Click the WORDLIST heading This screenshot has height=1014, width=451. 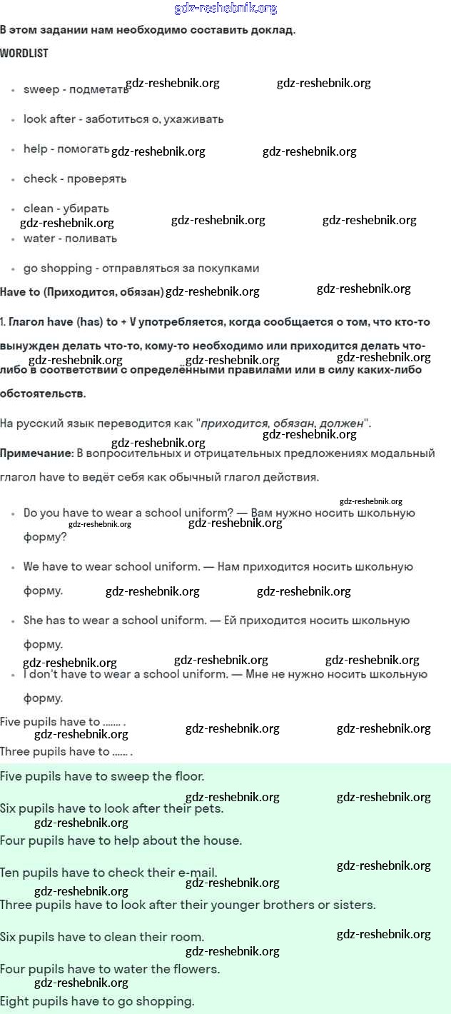point(24,54)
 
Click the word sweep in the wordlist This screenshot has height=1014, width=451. point(41,89)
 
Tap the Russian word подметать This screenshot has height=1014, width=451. point(99,89)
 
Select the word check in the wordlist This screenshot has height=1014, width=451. point(40,179)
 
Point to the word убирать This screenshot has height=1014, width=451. point(86,209)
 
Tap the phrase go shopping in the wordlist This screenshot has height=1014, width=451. point(58,268)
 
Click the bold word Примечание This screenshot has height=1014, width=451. point(36,453)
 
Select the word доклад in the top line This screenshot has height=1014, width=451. point(270,30)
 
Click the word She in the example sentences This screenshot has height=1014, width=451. point(33,621)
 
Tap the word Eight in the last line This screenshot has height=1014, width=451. point(15,1001)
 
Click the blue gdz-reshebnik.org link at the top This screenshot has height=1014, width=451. point(225,9)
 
